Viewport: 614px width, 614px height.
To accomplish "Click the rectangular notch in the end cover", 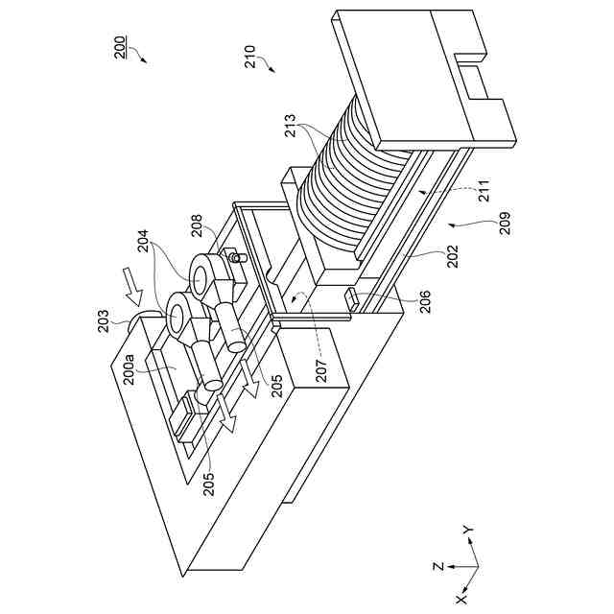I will point(474,74).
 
